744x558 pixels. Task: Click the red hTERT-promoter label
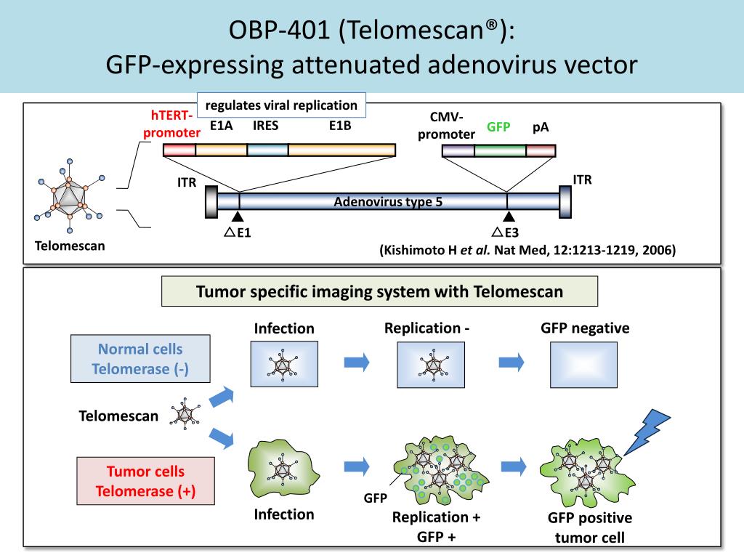(x=171, y=124)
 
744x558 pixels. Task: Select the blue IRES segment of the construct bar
(x=267, y=150)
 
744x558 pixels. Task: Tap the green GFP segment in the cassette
(x=500, y=150)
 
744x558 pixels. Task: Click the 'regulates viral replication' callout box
(x=281, y=105)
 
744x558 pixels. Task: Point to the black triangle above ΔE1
(x=238, y=217)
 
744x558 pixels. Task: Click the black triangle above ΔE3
(x=509, y=217)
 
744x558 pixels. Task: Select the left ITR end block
(x=211, y=202)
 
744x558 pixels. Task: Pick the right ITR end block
(x=565, y=202)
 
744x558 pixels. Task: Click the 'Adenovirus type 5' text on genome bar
(x=388, y=202)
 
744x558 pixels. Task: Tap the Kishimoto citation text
(x=527, y=250)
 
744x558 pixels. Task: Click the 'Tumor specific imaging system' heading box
(x=379, y=291)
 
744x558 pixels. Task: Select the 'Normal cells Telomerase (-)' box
(x=140, y=359)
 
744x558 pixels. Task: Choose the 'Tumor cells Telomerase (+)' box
(x=145, y=481)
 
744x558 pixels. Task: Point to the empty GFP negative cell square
(x=583, y=365)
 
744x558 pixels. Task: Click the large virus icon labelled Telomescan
(x=69, y=195)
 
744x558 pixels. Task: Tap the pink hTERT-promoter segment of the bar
(x=179, y=150)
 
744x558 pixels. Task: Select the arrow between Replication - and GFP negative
(x=511, y=363)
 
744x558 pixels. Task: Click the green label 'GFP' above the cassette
(x=498, y=127)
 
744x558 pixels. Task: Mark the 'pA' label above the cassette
(x=541, y=127)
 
